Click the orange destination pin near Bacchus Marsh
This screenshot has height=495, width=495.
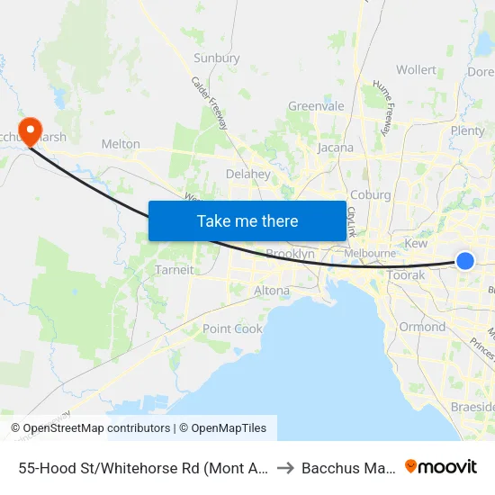30,131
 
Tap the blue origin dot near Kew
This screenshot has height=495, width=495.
465,261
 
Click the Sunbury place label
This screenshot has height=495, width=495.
217,58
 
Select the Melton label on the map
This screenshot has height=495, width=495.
121,144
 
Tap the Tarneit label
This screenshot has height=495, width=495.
174,270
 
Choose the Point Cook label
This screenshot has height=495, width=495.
232,329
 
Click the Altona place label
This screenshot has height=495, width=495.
272,291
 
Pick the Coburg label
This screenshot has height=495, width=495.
370,195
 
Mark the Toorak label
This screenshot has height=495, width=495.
405,275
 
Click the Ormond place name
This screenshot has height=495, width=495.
422,327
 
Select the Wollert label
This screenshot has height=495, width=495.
416,70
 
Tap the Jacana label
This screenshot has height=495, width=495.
335,148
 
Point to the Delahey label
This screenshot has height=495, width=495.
248,174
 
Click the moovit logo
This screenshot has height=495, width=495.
440,467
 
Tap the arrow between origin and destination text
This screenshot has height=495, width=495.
284,467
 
